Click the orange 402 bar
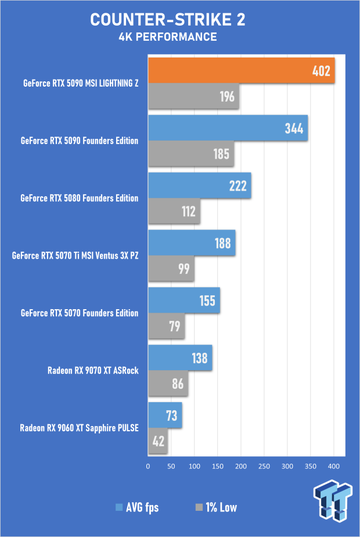pos(241,71)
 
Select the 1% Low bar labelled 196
pos(194,96)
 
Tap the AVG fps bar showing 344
pos(228,128)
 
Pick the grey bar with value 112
pos(174,212)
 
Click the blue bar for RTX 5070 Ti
pos(192,243)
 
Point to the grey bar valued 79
pos(166,326)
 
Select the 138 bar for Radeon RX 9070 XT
pos(180,358)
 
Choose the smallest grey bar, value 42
pos(158,441)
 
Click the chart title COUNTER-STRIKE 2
pos(168,20)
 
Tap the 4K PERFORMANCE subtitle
pos(168,37)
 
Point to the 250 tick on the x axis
pos(264,466)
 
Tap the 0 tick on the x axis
pos(148,466)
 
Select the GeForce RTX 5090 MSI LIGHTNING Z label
pos(81,84)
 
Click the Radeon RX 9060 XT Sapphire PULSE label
pos(80,428)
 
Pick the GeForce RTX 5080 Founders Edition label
pos(80,198)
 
